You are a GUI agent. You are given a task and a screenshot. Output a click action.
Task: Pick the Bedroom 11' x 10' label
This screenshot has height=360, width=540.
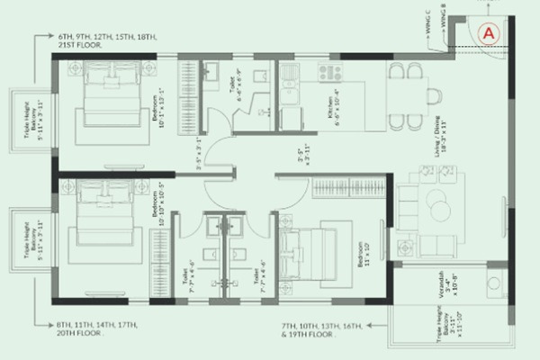(362, 255)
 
